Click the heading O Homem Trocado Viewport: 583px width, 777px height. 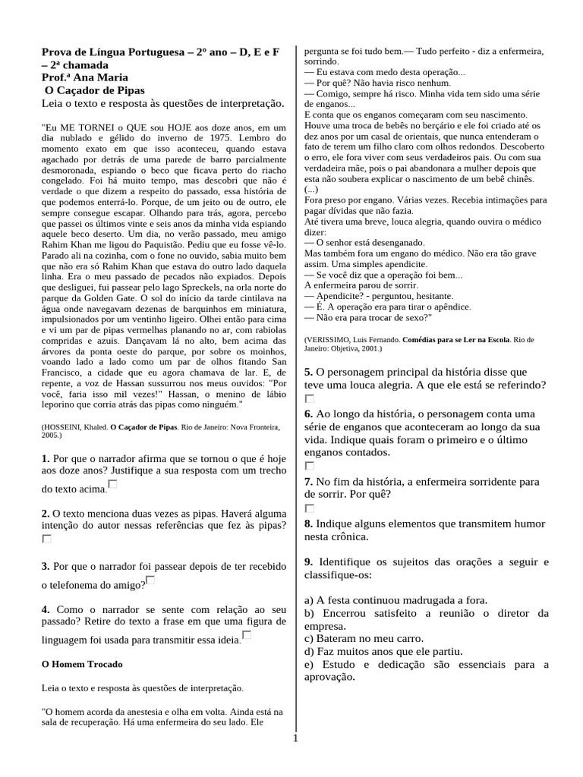81,664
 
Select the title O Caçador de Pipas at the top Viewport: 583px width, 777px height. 91,90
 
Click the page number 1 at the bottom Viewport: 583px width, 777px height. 295,739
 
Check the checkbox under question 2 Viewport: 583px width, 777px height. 47,539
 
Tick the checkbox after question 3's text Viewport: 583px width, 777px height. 150,580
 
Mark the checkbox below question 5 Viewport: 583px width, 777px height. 309,398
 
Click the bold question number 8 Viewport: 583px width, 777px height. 308,524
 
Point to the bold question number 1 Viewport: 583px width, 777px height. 46,459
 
